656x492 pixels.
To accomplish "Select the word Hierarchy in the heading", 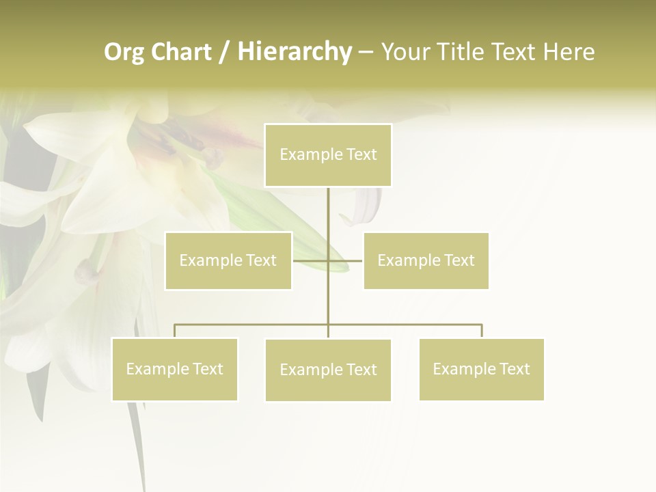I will [295, 52].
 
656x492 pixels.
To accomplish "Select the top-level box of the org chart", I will [328, 155].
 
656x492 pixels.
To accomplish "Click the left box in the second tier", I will [228, 260].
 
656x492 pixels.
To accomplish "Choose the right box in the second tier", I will [426, 260].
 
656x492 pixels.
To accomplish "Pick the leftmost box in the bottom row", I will [175, 369].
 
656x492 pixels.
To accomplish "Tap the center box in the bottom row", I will [328, 370].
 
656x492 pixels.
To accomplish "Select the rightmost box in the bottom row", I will [481, 369].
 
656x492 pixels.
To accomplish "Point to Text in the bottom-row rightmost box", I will [515, 369].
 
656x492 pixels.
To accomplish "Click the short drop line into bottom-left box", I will [175, 331].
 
